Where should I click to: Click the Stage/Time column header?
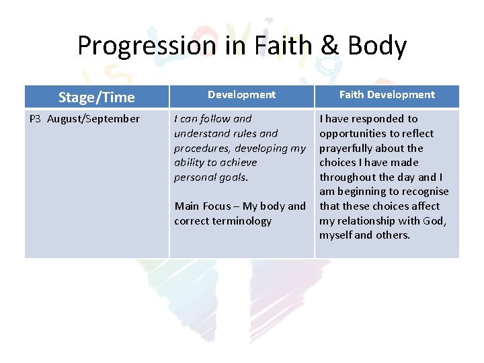coord(96,97)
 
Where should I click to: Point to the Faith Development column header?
coord(387,95)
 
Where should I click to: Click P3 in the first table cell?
coord(35,119)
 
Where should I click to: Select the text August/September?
coord(93,119)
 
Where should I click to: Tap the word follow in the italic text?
coord(215,119)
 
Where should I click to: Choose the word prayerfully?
coord(348,148)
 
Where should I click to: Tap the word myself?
coord(335,235)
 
